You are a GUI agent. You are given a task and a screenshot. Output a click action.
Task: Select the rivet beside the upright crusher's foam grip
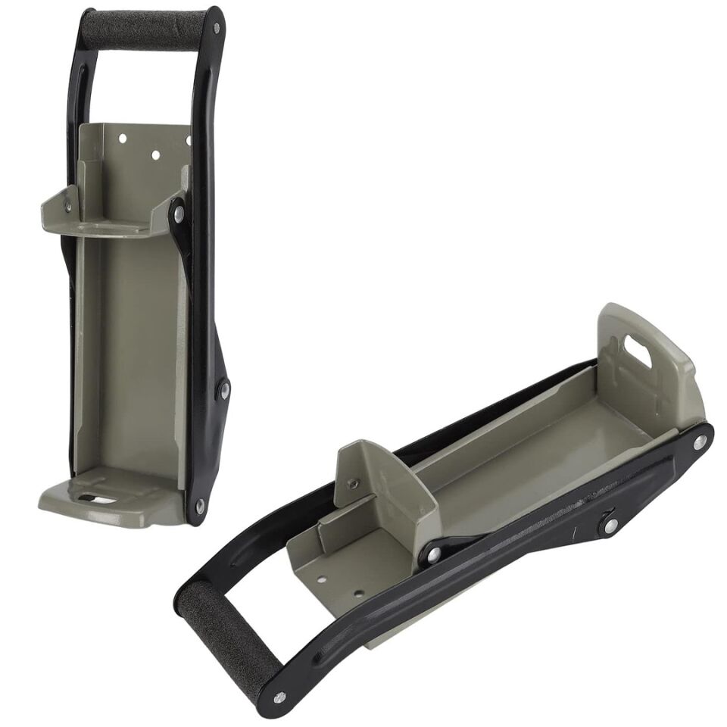(x=217, y=28)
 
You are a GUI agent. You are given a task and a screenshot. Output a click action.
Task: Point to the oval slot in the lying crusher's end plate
(x=638, y=351)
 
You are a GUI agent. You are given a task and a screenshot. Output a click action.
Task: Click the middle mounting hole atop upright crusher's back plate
(x=155, y=155)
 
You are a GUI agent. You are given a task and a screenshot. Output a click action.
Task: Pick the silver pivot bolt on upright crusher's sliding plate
(x=179, y=214)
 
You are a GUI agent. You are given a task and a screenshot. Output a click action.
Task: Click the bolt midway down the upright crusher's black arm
(x=224, y=391)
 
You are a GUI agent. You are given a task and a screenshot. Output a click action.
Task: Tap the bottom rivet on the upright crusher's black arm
(x=199, y=504)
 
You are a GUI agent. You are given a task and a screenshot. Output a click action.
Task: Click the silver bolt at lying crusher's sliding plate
(x=433, y=555)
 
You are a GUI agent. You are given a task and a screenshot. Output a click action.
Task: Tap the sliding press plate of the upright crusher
(x=114, y=212)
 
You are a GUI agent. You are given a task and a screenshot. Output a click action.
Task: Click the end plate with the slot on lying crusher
(x=644, y=363)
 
